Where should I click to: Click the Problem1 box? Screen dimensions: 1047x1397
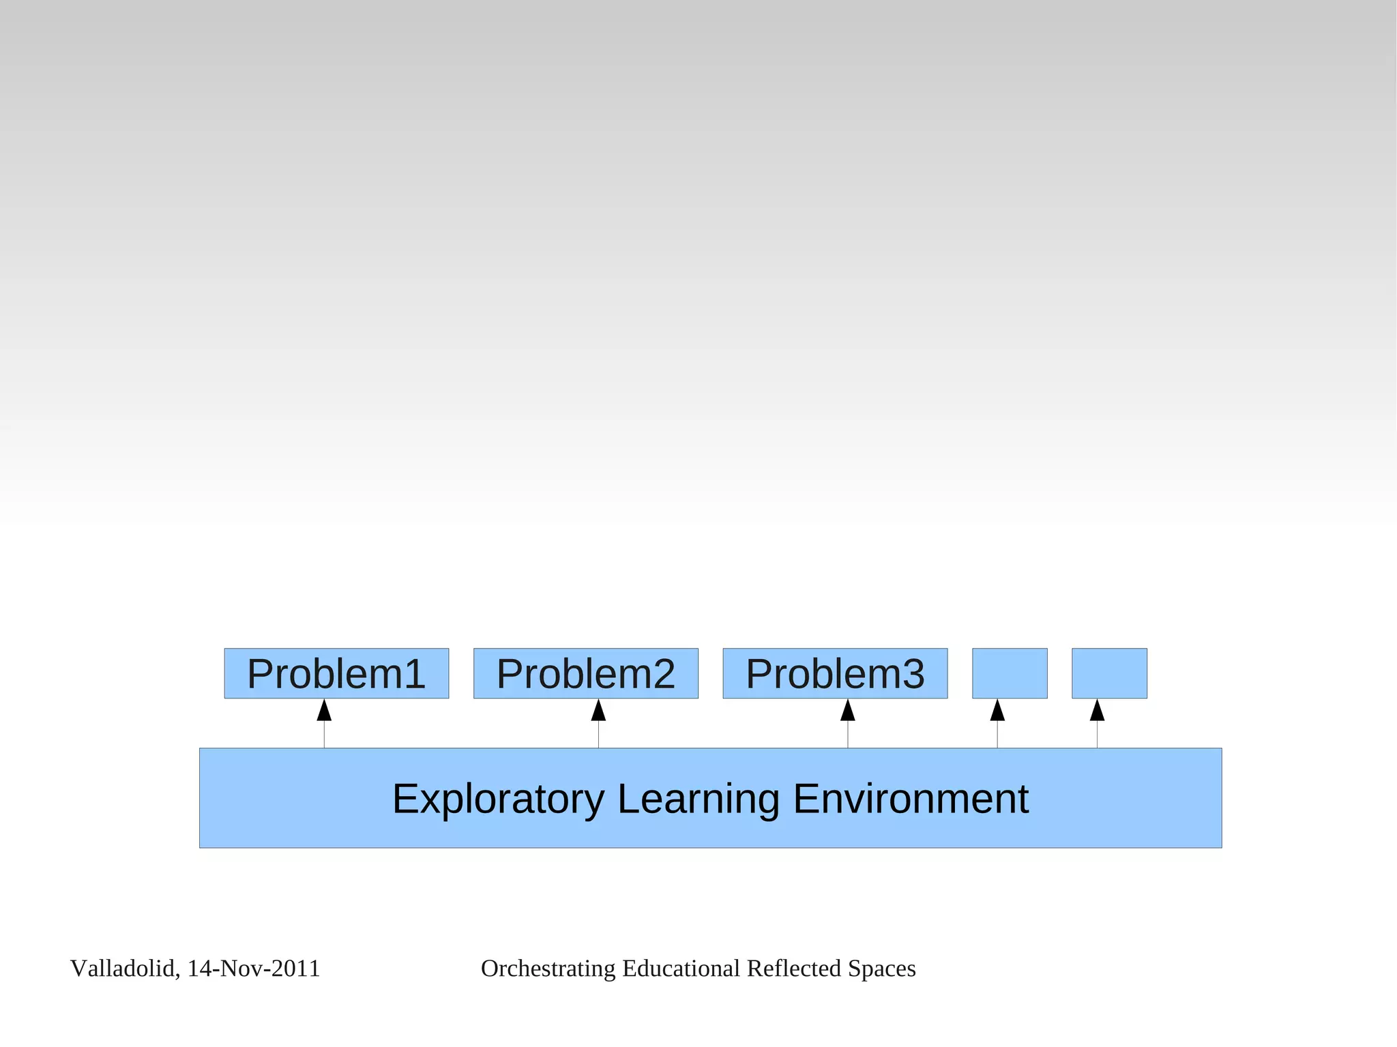[336, 673]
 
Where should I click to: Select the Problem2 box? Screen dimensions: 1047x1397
[585, 673]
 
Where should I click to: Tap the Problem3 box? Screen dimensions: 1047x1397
[835, 673]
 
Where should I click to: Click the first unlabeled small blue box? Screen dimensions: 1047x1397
[1010, 673]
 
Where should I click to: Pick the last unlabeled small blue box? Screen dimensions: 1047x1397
[1109, 673]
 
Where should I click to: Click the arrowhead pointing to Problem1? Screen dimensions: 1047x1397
[324, 711]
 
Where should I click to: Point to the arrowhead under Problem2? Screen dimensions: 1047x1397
[598, 711]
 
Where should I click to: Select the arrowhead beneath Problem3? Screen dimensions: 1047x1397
[848, 711]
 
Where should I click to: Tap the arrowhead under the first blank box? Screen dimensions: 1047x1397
[997, 711]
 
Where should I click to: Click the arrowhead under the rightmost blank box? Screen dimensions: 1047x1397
[1097, 711]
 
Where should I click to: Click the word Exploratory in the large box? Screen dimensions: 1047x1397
[498, 799]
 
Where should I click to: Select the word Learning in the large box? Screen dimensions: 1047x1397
[698, 799]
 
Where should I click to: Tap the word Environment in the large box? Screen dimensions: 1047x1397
[911, 799]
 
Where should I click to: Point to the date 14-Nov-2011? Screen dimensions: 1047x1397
[253, 969]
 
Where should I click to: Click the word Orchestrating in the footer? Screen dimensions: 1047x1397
[548, 969]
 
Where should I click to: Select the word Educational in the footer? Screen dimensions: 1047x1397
[681, 969]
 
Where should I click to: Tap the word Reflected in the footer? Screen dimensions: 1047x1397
[793, 969]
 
